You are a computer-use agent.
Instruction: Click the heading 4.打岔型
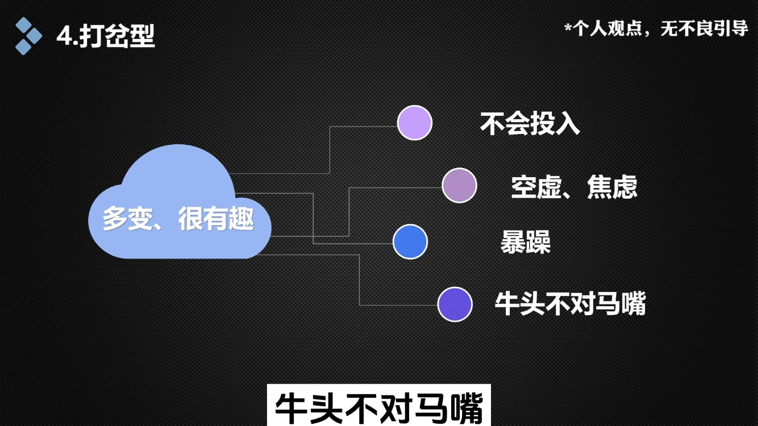(106, 36)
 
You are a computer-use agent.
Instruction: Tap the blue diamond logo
(28, 36)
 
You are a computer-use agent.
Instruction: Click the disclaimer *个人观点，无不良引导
(656, 28)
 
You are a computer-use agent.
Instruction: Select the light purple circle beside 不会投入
(415, 123)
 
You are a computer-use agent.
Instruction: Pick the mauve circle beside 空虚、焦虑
(459, 185)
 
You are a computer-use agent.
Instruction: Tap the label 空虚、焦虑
(574, 187)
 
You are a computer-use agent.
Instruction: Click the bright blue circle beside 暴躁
(410, 241)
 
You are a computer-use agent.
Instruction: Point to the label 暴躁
(526, 243)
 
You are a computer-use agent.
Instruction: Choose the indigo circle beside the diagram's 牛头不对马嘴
(455, 304)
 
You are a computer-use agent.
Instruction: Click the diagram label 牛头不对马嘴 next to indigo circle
(570, 303)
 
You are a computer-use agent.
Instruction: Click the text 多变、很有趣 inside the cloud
(178, 219)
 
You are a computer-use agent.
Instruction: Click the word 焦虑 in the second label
(612, 187)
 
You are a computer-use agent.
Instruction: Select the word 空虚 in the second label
(536, 187)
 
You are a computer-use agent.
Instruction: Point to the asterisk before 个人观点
(568, 26)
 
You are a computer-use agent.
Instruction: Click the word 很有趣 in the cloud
(216, 219)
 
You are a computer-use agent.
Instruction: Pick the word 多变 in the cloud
(128, 219)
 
